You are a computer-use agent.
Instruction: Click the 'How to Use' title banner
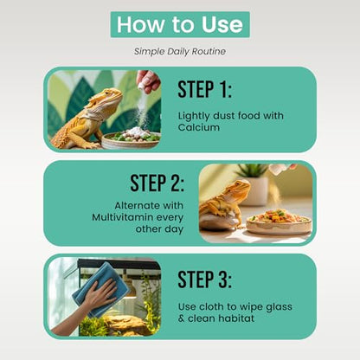(x=180, y=24)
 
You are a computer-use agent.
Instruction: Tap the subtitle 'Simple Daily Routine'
(x=180, y=52)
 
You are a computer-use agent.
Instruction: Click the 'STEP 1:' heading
(x=204, y=89)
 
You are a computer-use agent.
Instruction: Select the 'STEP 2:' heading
(x=157, y=183)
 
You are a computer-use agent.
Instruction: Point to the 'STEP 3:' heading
(x=204, y=280)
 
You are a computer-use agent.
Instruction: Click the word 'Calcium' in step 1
(x=199, y=127)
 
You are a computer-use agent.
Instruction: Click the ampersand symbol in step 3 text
(x=181, y=318)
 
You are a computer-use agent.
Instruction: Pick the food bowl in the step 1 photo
(x=131, y=140)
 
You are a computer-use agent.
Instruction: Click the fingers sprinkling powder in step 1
(x=149, y=80)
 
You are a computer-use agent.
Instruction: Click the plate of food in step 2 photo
(x=279, y=222)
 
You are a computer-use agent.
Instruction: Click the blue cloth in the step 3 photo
(x=100, y=289)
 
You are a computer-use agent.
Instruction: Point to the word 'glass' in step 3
(x=279, y=307)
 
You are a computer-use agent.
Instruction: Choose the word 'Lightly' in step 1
(x=194, y=116)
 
